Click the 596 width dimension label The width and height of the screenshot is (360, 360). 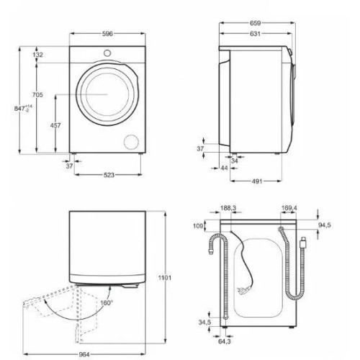coord(107,34)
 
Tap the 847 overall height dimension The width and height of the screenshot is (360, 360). coord(23,108)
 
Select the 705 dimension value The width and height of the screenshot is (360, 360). coord(37,95)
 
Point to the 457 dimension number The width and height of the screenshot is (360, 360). coord(55,125)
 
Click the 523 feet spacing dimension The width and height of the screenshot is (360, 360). coord(109,175)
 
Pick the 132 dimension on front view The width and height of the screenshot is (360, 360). coord(37,55)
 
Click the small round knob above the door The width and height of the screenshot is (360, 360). coord(107,53)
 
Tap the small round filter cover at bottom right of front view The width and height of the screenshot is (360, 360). coord(131,141)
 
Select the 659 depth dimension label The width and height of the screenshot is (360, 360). coord(255,23)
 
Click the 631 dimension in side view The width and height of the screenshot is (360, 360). coord(255,34)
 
